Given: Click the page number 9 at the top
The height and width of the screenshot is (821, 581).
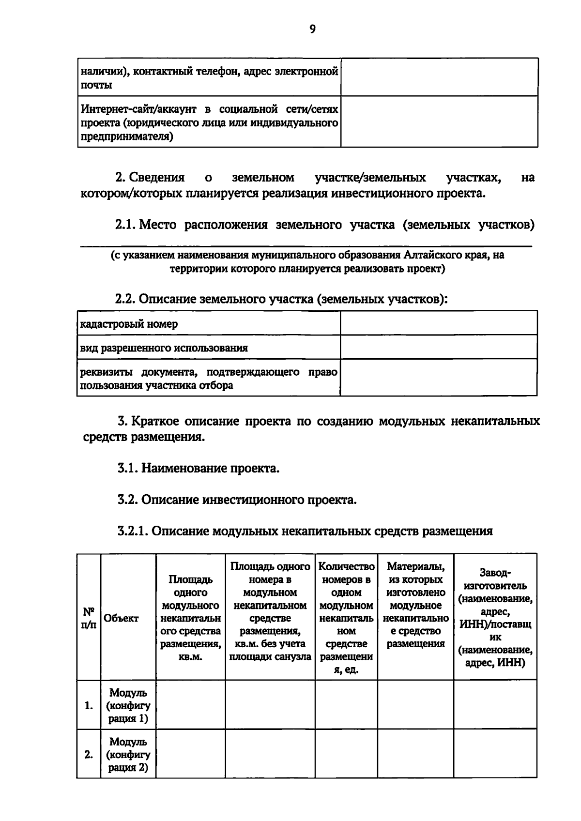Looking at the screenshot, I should [312, 30].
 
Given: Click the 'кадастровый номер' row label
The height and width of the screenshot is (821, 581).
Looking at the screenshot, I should [129, 324].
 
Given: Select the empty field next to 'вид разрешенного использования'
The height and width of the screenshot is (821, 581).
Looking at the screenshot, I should [439, 347].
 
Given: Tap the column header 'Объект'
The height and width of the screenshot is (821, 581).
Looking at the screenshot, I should [121, 618].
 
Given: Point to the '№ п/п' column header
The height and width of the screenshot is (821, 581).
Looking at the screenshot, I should [89, 618].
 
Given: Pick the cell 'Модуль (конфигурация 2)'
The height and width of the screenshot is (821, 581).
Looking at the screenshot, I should [128, 754].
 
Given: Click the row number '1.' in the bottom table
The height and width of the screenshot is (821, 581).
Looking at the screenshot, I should [89, 706].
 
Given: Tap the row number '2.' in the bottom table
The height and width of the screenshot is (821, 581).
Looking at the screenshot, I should [89, 754].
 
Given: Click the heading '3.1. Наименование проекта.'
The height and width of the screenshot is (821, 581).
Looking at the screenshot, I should [199, 468].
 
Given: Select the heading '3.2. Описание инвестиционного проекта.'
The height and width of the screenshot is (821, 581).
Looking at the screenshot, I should [237, 500].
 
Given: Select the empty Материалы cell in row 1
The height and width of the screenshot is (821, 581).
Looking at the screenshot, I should [415, 705].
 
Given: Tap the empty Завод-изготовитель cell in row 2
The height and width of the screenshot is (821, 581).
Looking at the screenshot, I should [495, 754].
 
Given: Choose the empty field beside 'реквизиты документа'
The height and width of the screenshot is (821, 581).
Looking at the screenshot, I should [439, 378].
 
